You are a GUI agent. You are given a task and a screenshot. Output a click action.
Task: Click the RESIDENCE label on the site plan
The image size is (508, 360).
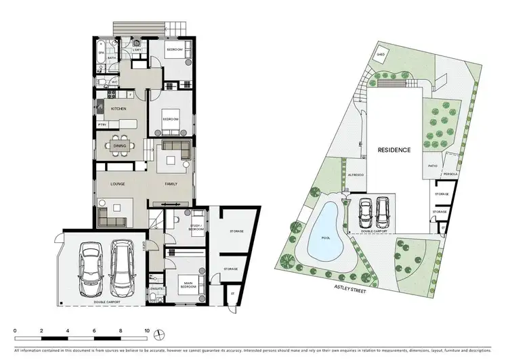coord(394,150)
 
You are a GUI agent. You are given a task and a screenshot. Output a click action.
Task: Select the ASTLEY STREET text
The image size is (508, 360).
coord(350,286)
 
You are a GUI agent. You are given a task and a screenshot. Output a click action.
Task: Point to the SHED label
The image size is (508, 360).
coord(381,55)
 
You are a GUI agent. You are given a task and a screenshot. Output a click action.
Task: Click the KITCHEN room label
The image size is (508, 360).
coord(119,108)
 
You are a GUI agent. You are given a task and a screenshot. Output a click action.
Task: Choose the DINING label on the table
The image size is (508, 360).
coord(119,145)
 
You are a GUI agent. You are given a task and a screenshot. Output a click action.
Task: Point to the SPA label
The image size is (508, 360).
coord(101,52)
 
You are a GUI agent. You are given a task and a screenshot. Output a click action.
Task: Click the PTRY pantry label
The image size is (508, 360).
coord(102,125)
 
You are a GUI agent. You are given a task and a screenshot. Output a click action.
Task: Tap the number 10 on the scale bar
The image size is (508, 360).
coord(147,330)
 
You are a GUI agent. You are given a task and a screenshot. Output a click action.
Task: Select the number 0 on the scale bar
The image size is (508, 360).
coord(15,330)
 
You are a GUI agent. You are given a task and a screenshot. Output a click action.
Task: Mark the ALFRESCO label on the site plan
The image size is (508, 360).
coord(356,175)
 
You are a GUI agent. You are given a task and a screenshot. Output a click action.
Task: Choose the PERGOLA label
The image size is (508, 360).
coord(451,175)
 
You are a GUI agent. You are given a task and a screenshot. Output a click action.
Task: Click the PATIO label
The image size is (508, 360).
coord(432,164)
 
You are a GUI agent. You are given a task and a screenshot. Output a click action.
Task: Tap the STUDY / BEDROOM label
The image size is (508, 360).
coord(179,227)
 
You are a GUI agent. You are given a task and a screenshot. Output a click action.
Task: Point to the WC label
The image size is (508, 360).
coord(114,83)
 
